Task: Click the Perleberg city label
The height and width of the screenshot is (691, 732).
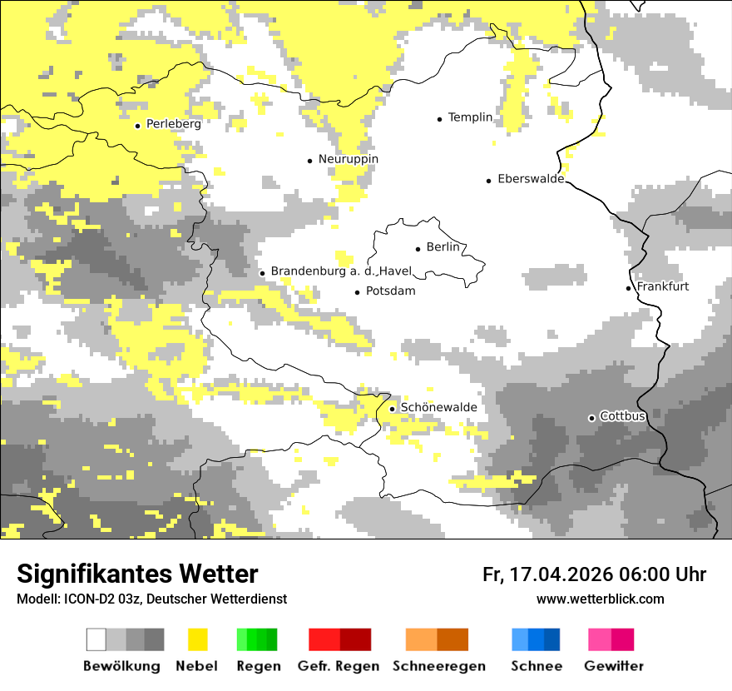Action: pos(173,124)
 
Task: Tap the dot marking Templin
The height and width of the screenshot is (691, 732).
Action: pos(439,119)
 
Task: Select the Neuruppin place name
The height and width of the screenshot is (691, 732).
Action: pos(348,159)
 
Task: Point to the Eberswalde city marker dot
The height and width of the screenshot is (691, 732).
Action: pos(489,180)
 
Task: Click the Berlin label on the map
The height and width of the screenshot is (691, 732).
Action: pos(443,247)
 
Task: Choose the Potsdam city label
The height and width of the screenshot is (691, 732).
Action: pos(390,291)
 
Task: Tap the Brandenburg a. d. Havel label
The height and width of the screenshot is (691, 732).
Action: pos(341,271)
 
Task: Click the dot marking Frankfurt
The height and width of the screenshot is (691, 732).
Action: pos(629,288)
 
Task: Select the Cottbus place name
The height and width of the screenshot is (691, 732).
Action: pos(622,416)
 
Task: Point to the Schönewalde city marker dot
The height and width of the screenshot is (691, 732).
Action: pos(393,409)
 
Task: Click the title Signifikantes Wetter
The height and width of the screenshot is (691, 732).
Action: pos(137,574)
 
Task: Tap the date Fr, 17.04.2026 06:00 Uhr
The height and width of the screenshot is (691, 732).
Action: pos(594,574)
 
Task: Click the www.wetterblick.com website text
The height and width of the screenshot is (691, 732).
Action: pos(600,599)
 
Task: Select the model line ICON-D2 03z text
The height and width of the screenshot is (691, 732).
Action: pos(151,599)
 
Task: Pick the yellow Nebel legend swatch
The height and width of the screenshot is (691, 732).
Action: pos(197,639)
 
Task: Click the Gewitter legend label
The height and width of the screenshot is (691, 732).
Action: pos(613,666)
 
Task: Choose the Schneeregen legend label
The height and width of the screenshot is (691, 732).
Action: pos(438,666)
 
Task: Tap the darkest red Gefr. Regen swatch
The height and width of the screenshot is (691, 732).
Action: pos(355,639)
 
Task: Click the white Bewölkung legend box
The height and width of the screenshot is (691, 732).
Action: pos(96,639)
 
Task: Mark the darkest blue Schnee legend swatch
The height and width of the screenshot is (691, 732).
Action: pos(552,639)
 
